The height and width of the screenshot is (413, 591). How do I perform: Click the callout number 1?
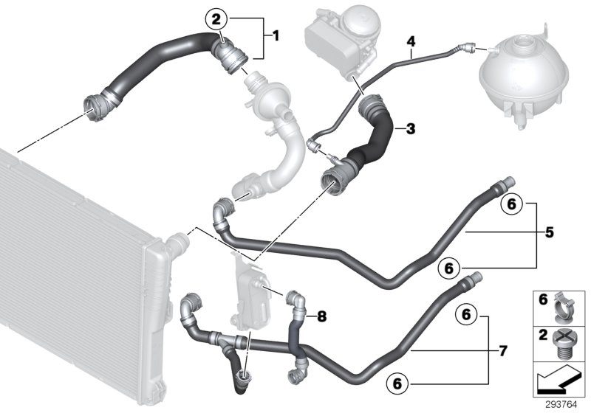[x=276, y=34]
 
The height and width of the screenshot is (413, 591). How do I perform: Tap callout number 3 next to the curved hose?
[x=411, y=128]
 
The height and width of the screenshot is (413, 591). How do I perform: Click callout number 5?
[x=549, y=232]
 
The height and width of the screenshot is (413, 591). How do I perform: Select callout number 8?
[x=321, y=316]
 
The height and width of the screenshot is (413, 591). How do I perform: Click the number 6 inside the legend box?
[x=542, y=300]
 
